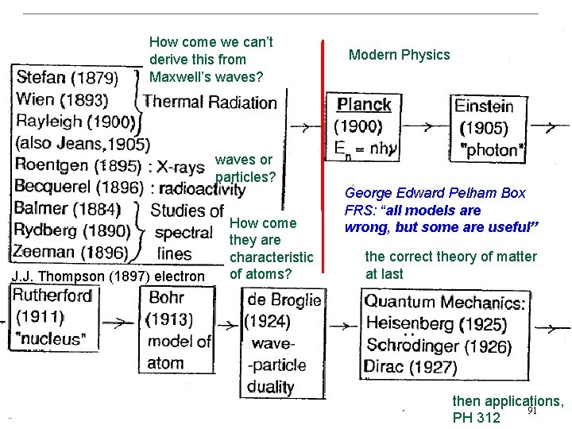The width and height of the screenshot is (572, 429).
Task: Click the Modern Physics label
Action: pyautogui.click(x=399, y=55)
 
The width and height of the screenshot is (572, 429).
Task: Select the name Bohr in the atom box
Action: pyautogui.click(x=166, y=297)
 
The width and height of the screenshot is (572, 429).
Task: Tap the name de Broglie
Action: pyautogui.click(x=284, y=300)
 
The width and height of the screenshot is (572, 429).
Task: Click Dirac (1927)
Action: pyautogui.click(x=411, y=367)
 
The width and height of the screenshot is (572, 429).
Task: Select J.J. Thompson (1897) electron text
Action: pyautogui.click(x=108, y=276)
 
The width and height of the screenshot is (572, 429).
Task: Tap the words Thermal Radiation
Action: pyautogui.click(x=211, y=102)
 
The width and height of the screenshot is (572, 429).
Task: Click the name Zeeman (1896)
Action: pyautogui.click(x=70, y=253)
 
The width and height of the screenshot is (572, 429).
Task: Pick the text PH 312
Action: pyautogui.click(x=476, y=418)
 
